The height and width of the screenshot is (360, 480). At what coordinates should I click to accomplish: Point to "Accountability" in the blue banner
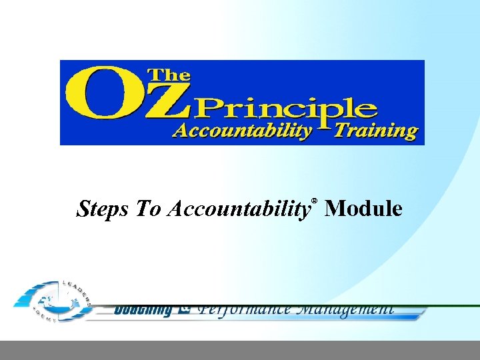coord(242,130)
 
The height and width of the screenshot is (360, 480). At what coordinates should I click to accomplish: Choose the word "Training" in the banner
coord(376,130)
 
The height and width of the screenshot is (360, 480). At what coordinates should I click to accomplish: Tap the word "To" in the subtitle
coord(149,209)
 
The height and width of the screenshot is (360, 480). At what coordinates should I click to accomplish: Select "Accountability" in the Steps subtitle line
coord(239,210)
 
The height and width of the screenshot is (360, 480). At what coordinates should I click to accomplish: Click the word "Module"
coord(365,209)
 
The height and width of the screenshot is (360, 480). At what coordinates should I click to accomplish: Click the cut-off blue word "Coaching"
coord(143,309)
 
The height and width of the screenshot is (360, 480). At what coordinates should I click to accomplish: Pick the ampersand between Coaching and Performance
coord(185,309)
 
